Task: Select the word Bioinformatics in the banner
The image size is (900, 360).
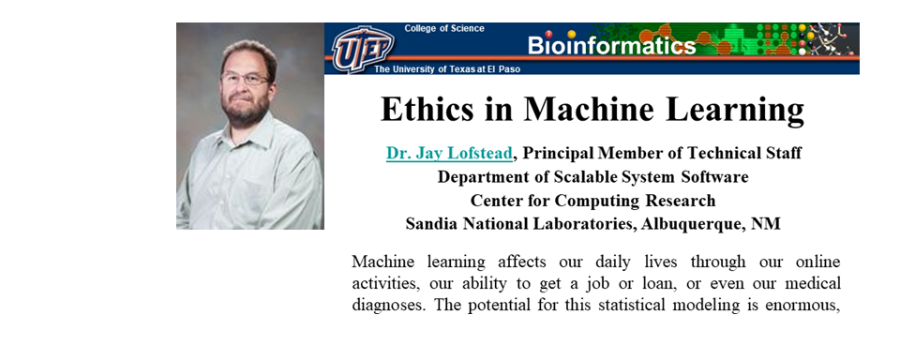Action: tap(611, 45)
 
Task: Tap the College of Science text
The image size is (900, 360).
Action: tap(444, 28)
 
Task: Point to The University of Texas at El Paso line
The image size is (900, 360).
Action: tap(447, 69)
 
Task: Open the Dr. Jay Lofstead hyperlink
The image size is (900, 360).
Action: tap(449, 154)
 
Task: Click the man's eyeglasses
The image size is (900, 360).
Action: tap(245, 79)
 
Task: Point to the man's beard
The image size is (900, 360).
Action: tap(247, 108)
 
